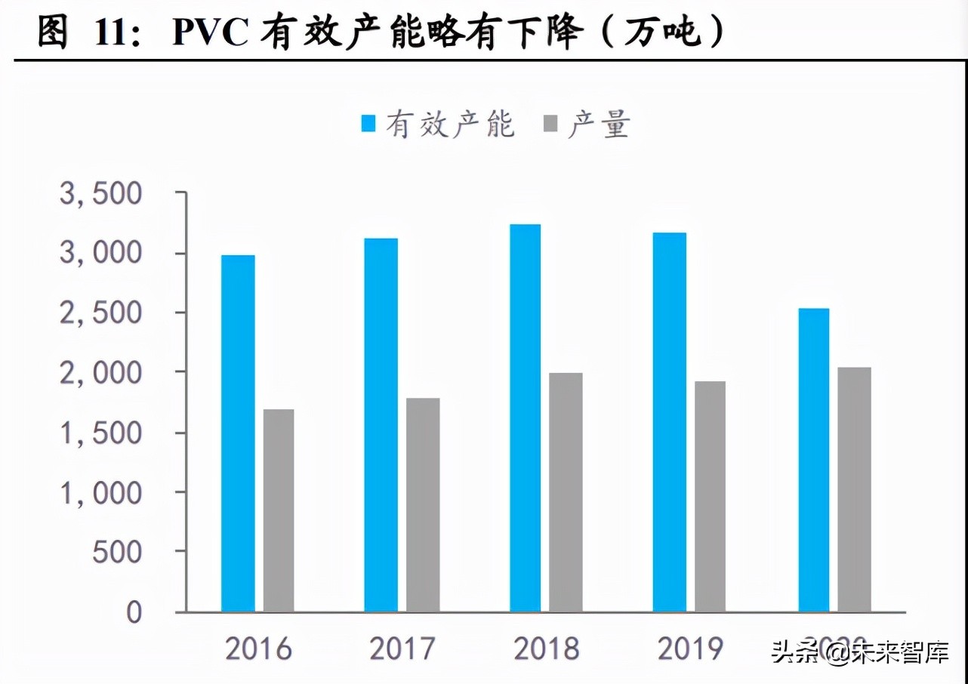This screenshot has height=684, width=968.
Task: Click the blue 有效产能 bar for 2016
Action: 238,433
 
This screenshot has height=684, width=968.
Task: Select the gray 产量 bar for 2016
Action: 279,510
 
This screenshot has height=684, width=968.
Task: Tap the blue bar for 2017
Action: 381,425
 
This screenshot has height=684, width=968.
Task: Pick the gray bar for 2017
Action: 423,504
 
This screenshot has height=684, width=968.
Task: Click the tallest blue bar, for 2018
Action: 525,417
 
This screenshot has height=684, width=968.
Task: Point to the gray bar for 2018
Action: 566,492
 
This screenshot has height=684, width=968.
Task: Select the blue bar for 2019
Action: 670,422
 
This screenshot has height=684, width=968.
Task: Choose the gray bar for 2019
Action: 711,496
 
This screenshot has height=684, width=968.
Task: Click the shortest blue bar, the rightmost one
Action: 814,460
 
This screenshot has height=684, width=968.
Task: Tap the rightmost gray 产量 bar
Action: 854,489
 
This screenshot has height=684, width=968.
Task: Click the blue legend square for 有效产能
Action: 369,124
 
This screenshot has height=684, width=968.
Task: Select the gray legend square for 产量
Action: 550,124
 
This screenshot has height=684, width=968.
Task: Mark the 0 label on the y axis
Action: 134,612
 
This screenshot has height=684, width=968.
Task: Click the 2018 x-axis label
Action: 546,649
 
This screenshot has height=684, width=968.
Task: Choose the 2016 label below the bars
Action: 257,649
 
